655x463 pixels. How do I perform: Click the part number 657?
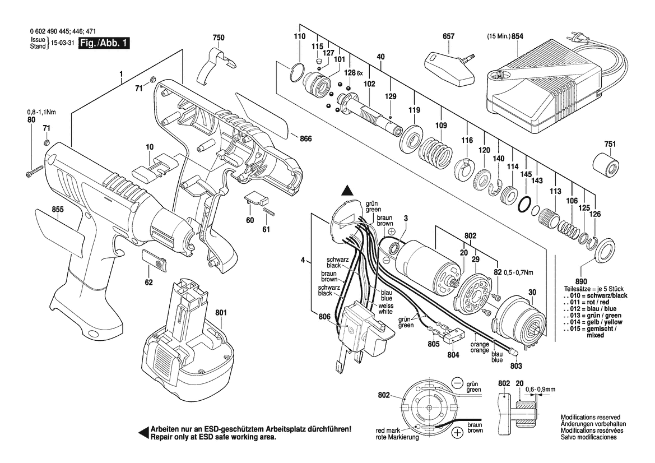[448, 36]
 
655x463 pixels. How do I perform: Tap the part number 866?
[305, 138]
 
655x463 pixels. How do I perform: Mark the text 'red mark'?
[388, 431]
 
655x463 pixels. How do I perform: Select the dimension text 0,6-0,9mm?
[540, 388]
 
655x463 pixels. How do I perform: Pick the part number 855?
[58, 210]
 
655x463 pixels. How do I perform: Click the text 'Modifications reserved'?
[591, 418]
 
